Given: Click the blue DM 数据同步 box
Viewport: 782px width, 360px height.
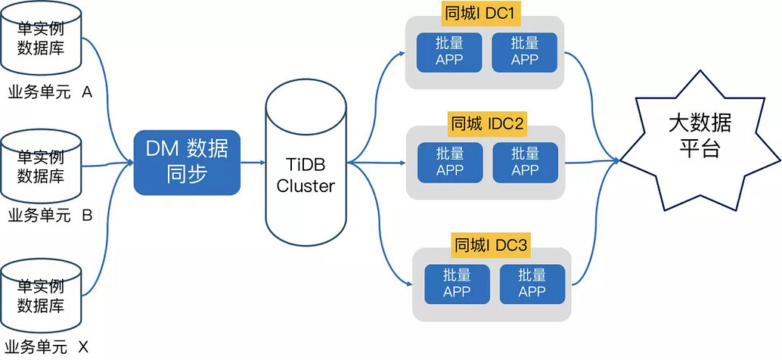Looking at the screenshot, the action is [187, 163].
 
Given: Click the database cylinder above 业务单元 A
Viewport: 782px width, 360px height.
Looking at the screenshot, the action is [41, 38].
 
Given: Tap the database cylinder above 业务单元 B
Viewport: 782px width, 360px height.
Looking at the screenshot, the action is [41, 166].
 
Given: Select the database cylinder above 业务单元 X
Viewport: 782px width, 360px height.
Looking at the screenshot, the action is [41, 295].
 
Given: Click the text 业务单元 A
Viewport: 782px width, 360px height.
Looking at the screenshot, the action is [51, 92].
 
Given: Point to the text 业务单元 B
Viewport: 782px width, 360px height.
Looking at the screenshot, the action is [51, 216].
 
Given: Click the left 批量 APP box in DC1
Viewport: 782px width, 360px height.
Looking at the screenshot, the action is [449, 52].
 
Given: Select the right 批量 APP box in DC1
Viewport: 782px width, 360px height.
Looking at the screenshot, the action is [525, 52].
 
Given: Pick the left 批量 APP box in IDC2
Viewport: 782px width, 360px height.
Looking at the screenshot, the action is [450, 163].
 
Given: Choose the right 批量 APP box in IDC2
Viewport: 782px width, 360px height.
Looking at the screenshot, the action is [526, 163].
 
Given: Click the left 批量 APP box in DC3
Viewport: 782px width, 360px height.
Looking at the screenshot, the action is [458, 284].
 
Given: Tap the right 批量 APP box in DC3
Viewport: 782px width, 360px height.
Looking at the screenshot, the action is [532, 284].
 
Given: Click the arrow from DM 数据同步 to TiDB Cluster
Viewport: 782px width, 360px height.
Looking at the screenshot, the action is [253, 163].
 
